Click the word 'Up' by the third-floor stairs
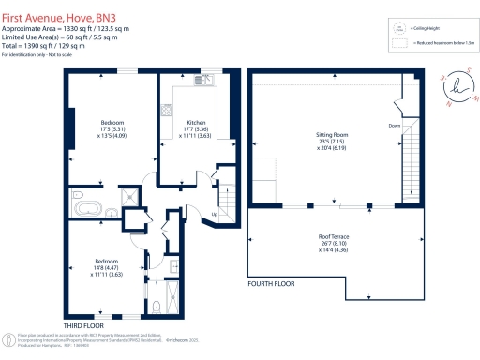(x=215, y=215)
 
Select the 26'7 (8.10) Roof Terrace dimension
(x=334, y=245)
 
